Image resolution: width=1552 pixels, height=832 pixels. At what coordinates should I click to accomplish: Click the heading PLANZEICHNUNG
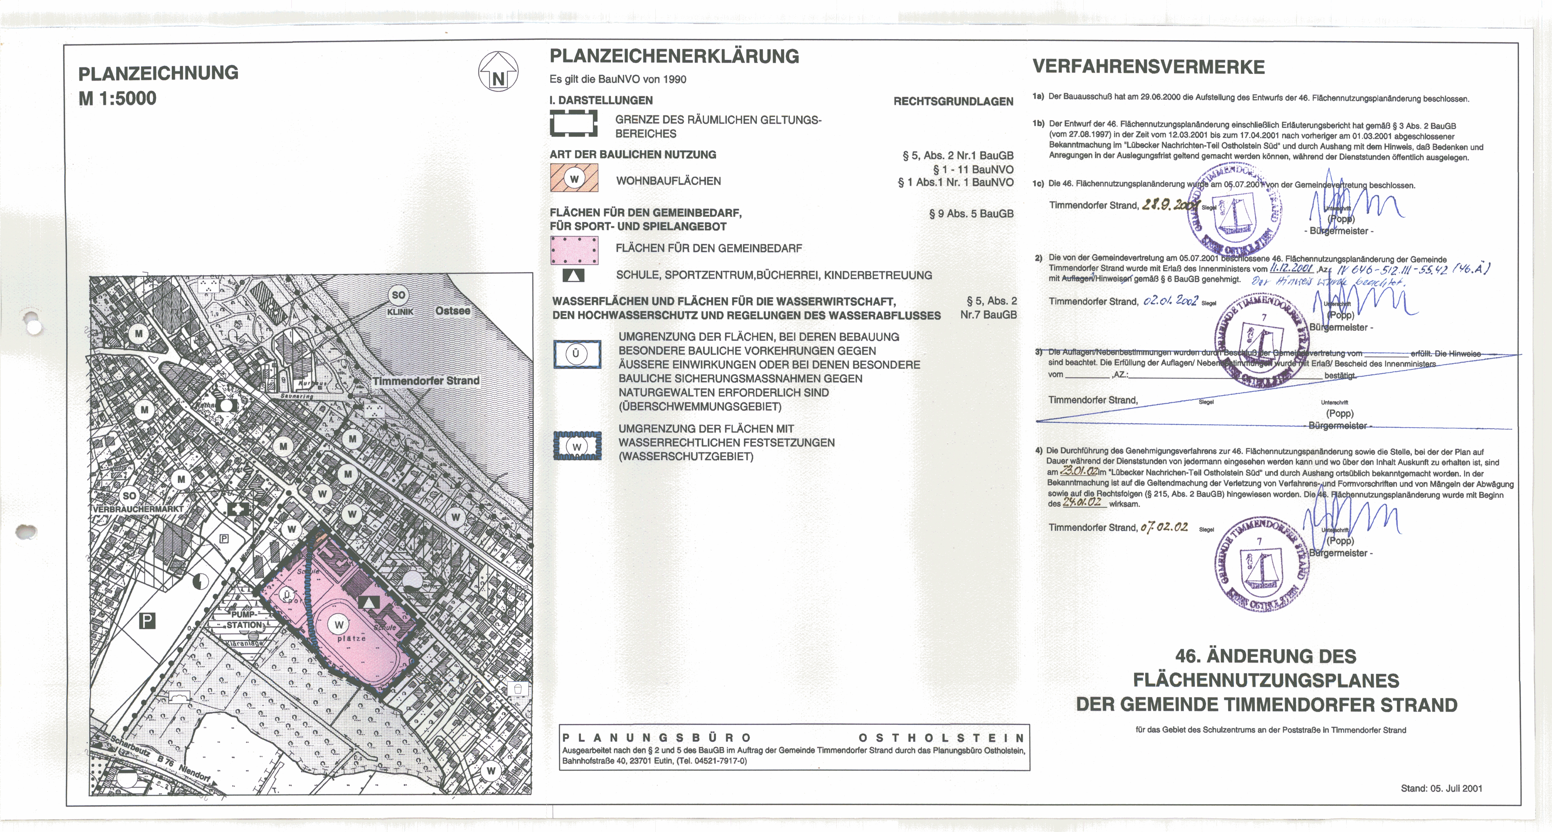click(x=158, y=73)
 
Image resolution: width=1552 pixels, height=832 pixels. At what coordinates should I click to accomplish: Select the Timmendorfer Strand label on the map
click(x=425, y=381)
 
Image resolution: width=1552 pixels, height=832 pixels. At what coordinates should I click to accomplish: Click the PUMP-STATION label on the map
click(x=245, y=620)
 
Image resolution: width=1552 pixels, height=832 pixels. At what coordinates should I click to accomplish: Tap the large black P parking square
click(x=148, y=620)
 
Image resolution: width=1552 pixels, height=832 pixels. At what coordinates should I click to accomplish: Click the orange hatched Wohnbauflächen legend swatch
click(x=574, y=178)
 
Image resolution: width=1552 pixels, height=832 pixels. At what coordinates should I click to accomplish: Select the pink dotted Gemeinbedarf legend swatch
click(x=574, y=250)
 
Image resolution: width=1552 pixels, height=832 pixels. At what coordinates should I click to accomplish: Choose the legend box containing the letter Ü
click(x=577, y=354)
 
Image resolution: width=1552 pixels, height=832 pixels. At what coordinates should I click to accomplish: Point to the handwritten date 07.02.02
click(x=1163, y=527)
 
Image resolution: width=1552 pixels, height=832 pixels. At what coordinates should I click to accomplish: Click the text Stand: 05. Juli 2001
click(x=1441, y=788)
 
